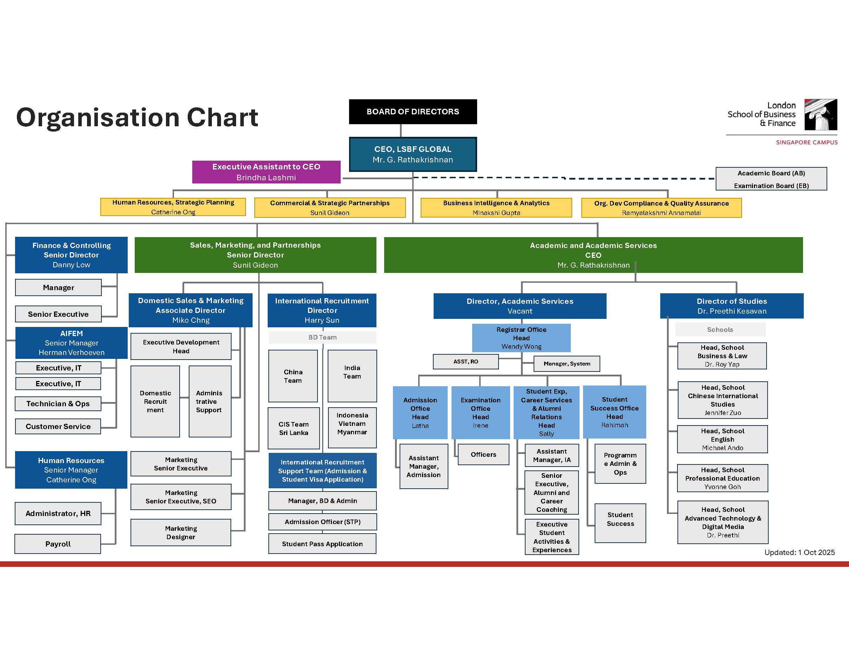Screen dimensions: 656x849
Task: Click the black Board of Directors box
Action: pos(413,112)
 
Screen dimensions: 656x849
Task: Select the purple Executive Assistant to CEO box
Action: pos(266,172)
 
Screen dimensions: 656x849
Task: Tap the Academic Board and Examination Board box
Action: pos(771,179)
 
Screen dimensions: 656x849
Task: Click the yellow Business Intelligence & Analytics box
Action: pos(496,208)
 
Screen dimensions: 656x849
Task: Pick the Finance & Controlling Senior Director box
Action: pos(71,255)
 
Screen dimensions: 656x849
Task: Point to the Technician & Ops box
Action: pos(58,404)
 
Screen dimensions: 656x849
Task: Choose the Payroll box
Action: pos(58,544)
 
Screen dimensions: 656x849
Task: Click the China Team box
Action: pos(293,376)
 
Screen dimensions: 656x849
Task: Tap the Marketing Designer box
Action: pos(181,533)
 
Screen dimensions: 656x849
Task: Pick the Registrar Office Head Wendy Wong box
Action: pos(521,338)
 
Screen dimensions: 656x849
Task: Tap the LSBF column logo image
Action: pos(820,115)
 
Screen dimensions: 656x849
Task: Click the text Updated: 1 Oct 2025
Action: pos(799,552)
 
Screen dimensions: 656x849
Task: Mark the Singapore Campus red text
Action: pos(807,142)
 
